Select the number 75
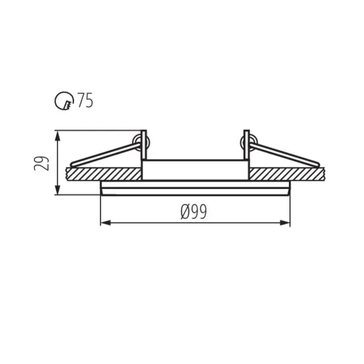click(x=84, y=101)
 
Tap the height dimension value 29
click(x=42, y=163)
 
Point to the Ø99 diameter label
click(x=194, y=212)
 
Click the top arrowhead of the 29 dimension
click(x=58, y=134)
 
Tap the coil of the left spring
click(x=141, y=143)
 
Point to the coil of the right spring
click(x=246, y=143)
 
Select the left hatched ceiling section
click(x=103, y=174)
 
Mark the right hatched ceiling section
click(x=288, y=174)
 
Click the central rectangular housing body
click(x=195, y=169)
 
